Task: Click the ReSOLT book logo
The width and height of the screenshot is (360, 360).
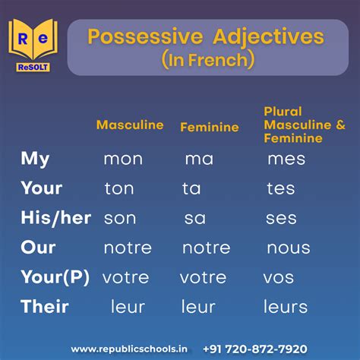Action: [33, 43]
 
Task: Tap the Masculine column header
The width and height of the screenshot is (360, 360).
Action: [130, 125]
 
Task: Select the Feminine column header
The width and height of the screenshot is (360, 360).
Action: [209, 127]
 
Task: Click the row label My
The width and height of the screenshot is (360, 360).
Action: [35, 159]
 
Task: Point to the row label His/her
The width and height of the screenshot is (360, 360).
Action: [55, 218]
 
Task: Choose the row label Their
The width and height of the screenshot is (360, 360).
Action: [45, 307]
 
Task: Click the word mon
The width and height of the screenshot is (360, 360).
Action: [123, 159]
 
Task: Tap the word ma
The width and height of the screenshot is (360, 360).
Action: [198, 159]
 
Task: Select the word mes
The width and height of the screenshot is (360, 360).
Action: [286, 159]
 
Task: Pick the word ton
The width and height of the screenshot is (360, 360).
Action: [119, 189]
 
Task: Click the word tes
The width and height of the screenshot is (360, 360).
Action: [281, 189]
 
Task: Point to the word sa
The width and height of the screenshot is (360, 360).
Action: [194, 219]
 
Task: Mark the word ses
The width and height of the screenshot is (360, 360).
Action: [281, 219]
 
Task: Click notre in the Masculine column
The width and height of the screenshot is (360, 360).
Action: [128, 248]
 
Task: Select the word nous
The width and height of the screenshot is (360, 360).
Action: [288, 248]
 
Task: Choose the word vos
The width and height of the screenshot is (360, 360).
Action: [279, 278]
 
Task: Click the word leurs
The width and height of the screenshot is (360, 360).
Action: [286, 308]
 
